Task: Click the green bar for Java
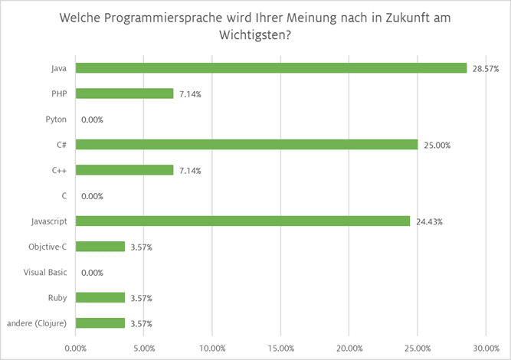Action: [x=271, y=68]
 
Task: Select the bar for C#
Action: [x=247, y=144]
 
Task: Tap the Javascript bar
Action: [x=243, y=221]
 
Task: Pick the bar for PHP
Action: [x=125, y=93]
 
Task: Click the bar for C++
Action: [x=125, y=170]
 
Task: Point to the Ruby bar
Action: [x=100, y=297]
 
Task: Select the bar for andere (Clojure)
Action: [x=100, y=322]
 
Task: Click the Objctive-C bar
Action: [x=100, y=247]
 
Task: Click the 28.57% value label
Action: [x=486, y=69]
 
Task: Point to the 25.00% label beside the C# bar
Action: [x=437, y=145]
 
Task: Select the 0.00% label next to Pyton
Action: [x=92, y=119]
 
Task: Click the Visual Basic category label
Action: [x=44, y=272]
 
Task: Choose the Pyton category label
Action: [x=57, y=119]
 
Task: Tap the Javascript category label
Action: [x=47, y=221]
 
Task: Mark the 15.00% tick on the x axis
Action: [x=281, y=348]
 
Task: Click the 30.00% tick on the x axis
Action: [x=486, y=348]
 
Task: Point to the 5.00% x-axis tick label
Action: [x=144, y=348]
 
